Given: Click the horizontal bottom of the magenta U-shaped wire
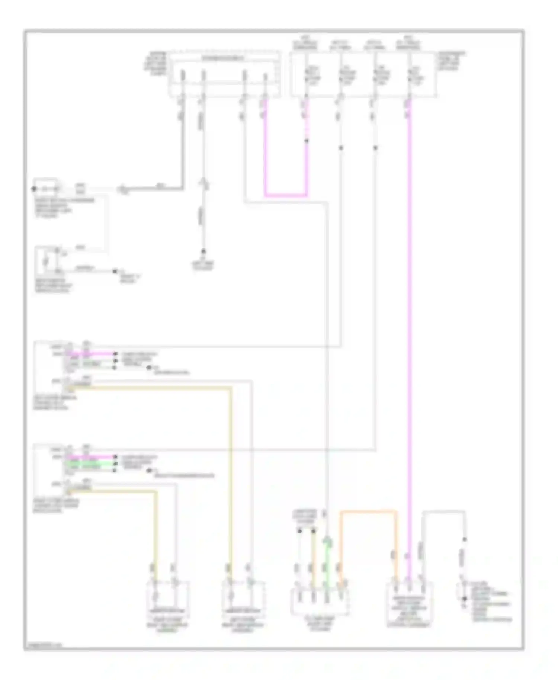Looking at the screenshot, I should point(286,195).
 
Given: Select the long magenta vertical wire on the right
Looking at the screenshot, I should point(410,335).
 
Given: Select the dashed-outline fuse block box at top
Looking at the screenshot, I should point(224,74).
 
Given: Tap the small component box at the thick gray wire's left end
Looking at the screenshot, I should point(45,189).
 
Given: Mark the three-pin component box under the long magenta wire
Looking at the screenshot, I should point(409,600).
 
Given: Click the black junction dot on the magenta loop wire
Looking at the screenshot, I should point(307,141).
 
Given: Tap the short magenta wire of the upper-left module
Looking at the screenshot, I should point(93,354).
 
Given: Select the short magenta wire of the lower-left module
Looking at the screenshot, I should point(93,457).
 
